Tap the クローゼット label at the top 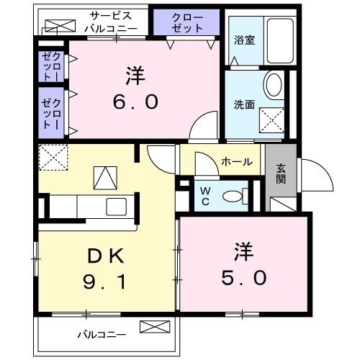[x=186, y=22]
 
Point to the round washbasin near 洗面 [x=273, y=85]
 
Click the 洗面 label [x=244, y=104]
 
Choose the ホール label [x=235, y=162]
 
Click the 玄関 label [x=281, y=174]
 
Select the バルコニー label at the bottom [x=102, y=334]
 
